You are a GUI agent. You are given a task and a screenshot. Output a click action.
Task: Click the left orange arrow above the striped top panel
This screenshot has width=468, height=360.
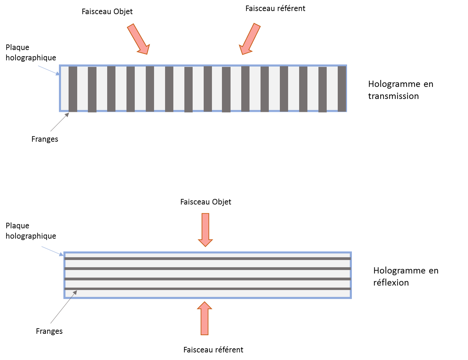tap(138, 39)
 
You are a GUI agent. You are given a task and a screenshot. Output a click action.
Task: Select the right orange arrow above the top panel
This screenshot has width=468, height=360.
tap(250, 39)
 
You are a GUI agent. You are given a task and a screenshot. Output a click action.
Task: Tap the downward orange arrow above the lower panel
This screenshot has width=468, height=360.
tap(205, 229)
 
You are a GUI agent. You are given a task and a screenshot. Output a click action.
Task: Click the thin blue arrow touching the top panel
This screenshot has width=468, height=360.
tap(49, 70)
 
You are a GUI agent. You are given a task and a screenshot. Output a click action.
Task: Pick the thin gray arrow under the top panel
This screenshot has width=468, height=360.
tap(60, 122)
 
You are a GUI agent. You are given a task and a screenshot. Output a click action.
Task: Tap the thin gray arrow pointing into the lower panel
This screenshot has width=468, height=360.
tap(63, 307)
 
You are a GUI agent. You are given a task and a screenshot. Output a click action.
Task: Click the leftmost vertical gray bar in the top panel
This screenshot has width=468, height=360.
tap(73, 89)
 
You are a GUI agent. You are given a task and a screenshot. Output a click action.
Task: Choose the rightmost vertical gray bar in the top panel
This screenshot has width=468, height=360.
tap(342, 89)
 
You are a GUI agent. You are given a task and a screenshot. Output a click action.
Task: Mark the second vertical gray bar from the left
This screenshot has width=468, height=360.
tap(92, 90)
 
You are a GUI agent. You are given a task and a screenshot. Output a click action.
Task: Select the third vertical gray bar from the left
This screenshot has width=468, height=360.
tap(111, 89)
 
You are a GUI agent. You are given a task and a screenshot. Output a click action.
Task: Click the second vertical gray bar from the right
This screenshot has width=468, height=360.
tap(323, 90)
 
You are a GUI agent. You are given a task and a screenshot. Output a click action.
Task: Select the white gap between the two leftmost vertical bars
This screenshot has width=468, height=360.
tap(82, 89)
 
